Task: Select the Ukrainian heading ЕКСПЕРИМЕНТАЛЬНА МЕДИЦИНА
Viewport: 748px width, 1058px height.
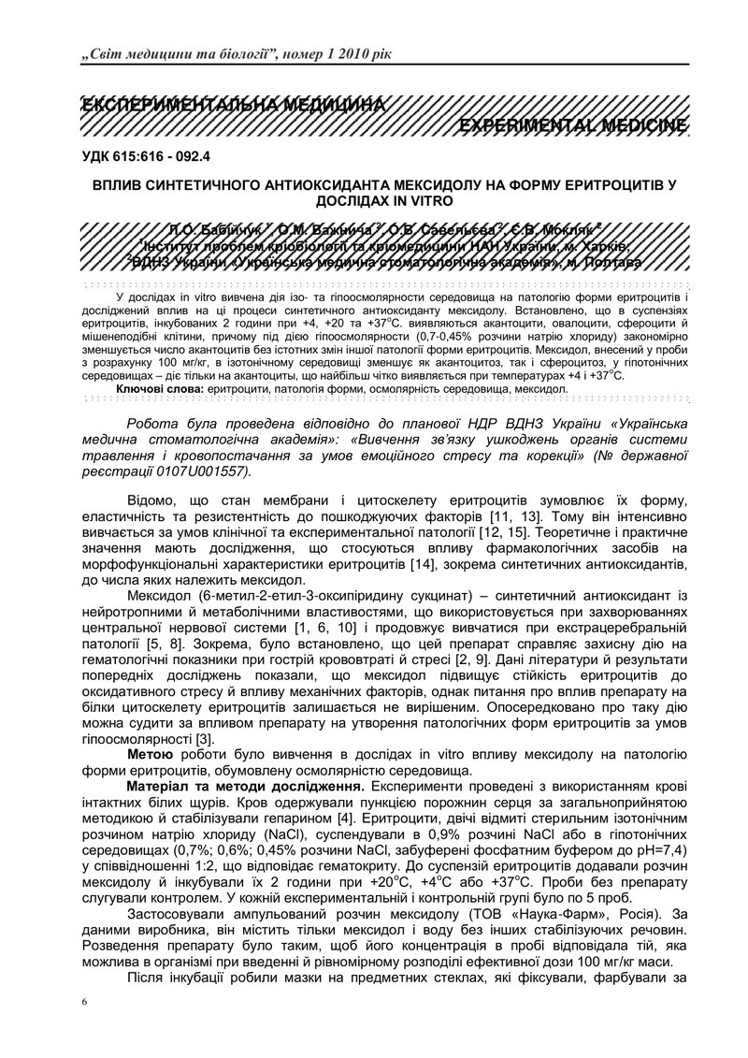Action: (x=233, y=103)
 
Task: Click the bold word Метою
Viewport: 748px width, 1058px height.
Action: (x=151, y=754)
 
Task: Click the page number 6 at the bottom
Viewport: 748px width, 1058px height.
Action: (x=84, y=1002)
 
